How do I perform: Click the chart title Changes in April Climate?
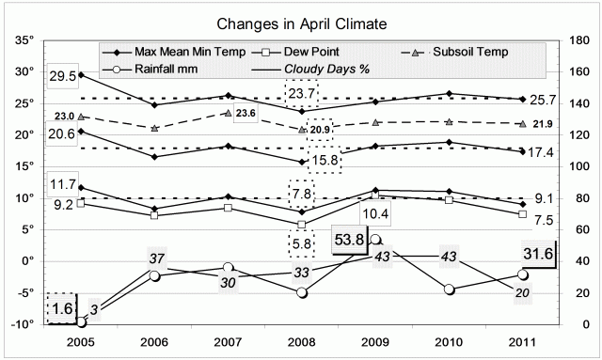click(301, 21)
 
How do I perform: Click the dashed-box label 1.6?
click(61, 307)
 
